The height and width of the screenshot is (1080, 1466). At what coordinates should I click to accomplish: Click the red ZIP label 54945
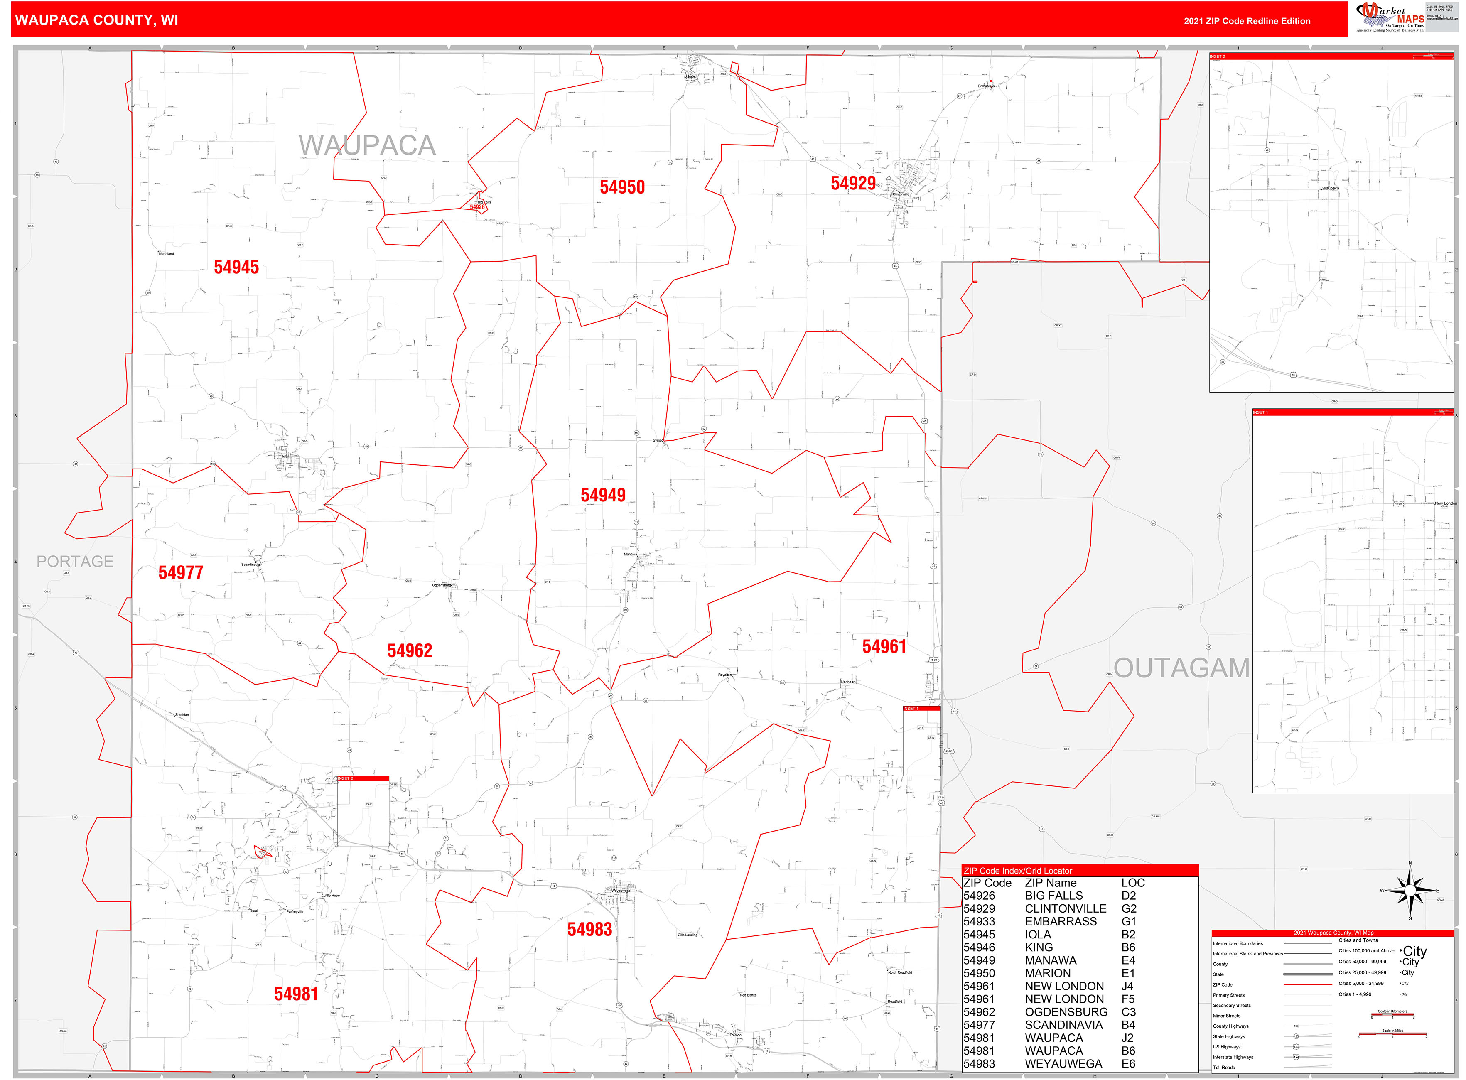coord(236,268)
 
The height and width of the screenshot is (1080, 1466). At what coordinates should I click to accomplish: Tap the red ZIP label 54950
coord(622,188)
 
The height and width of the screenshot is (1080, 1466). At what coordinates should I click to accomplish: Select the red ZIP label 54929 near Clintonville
coord(853,184)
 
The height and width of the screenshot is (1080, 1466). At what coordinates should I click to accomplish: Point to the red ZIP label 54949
coord(603,496)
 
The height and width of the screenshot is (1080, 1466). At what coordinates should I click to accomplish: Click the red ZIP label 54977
coord(180,573)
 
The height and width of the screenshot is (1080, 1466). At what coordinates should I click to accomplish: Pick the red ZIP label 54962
coord(409,651)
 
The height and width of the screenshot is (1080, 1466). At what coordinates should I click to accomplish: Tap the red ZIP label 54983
coord(589,930)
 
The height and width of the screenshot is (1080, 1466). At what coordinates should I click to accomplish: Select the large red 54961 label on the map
coord(884,647)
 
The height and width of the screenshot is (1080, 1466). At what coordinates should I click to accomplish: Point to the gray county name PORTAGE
coord(74,562)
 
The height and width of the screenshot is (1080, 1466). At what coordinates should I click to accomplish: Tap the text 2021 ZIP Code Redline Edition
coord(1246,21)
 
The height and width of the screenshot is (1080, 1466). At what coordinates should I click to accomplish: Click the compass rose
coord(1410,891)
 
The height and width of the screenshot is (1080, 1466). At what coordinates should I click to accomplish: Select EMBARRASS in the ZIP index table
coord(1060,922)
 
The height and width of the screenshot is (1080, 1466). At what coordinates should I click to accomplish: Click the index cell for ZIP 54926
coord(979,896)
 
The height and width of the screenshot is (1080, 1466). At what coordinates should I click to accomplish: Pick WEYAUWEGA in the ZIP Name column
coord(1063,1064)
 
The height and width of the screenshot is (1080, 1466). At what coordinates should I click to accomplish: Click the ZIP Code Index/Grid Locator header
coord(1017,871)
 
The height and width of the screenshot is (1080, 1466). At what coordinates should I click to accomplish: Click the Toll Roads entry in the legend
coord(1224,1068)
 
